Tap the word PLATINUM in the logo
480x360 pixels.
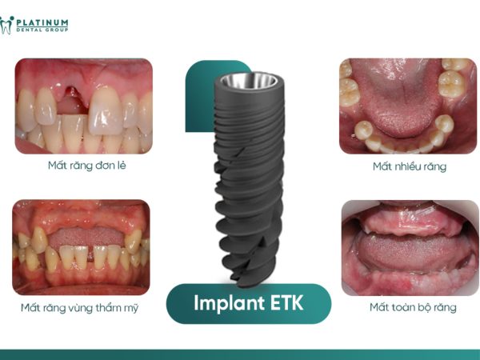[x=42, y=22]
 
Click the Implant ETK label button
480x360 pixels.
[x=248, y=303]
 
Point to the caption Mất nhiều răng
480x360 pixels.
[x=409, y=166]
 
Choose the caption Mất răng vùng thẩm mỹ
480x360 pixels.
[x=80, y=307]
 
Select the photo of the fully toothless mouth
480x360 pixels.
[x=410, y=247]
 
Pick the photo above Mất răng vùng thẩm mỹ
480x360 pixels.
[x=80, y=246]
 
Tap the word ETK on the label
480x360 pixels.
[x=286, y=303]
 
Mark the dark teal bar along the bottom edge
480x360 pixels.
[x=240, y=354]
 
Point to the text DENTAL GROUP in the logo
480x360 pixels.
[x=43, y=30]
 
